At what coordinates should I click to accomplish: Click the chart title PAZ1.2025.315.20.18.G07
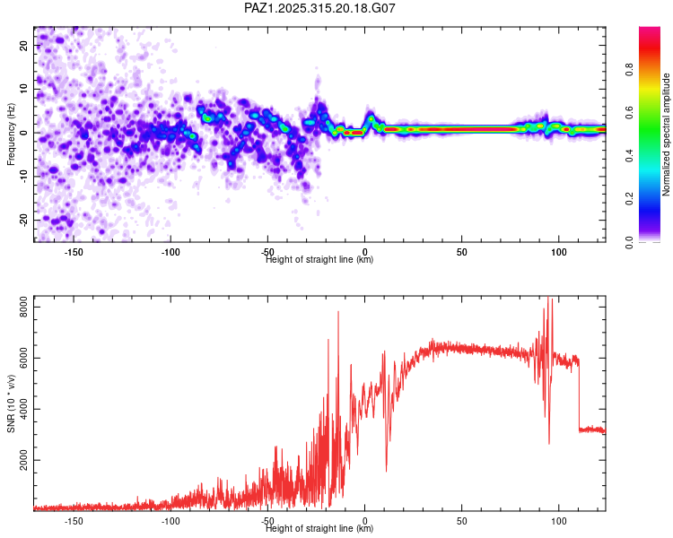pyautogui.click(x=320, y=8)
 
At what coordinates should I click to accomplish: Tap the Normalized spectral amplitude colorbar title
pyautogui.click(x=667, y=134)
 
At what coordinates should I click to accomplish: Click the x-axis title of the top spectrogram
pyautogui.click(x=320, y=260)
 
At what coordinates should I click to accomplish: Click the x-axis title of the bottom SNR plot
pyautogui.click(x=320, y=529)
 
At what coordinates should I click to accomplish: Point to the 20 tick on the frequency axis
pyautogui.click(x=24, y=46)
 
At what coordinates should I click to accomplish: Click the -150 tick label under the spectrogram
pyautogui.click(x=74, y=252)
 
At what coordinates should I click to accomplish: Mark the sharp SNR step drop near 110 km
pyautogui.click(x=579, y=395)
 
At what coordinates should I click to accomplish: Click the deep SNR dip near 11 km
pyautogui.click(x=387, y=470)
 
